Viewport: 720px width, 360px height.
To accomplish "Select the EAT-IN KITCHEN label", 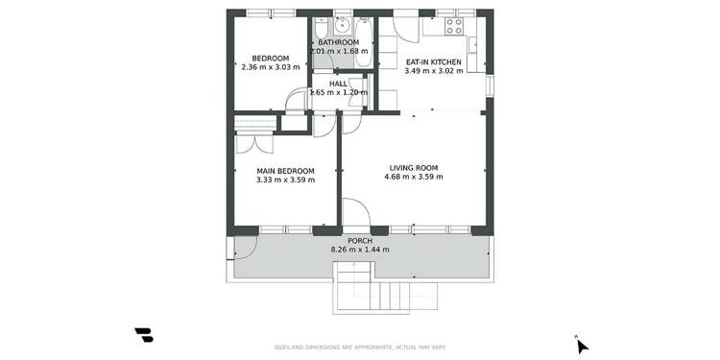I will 433,61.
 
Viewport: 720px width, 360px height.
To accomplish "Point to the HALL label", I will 338,84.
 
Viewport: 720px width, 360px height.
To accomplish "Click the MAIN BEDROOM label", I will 285,170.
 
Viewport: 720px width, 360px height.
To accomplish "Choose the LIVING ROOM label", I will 413,167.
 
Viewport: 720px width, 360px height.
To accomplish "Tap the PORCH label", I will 359,240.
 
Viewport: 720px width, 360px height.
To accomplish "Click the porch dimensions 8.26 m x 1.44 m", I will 359,250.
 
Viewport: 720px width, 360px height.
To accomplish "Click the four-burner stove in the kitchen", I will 452,25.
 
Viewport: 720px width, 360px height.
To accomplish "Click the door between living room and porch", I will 355,213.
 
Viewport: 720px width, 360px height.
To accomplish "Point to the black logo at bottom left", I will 144,335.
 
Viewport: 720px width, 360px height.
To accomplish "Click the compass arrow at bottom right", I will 582,346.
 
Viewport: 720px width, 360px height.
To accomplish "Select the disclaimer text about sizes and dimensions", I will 359,347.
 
